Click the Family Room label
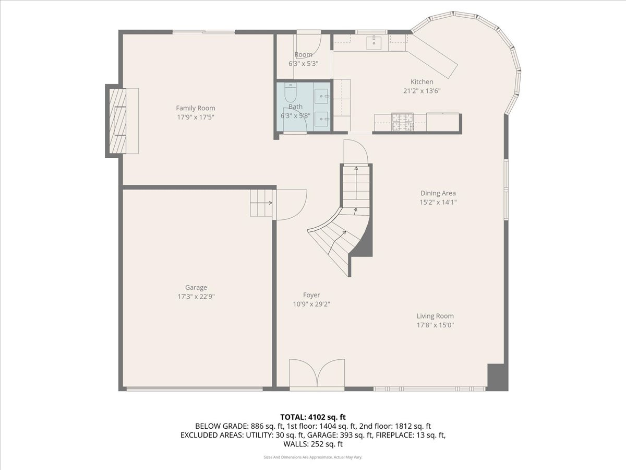coord(195,108)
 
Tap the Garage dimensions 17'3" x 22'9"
coord(196,297)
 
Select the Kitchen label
coord(422,81)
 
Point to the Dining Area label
coord(438,193)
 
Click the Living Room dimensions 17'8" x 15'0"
coord(435,325)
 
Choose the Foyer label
coord(311,295)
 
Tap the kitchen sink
coord(374,42)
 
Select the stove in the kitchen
coord(402,122)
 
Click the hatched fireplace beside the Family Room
coord(117,121)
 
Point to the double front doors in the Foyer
coord(317,374)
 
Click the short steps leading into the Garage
coord(261,203)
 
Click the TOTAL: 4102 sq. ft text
coord(313,417)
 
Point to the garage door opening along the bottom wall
coord(195,389)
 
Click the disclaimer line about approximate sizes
coord(313,457)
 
